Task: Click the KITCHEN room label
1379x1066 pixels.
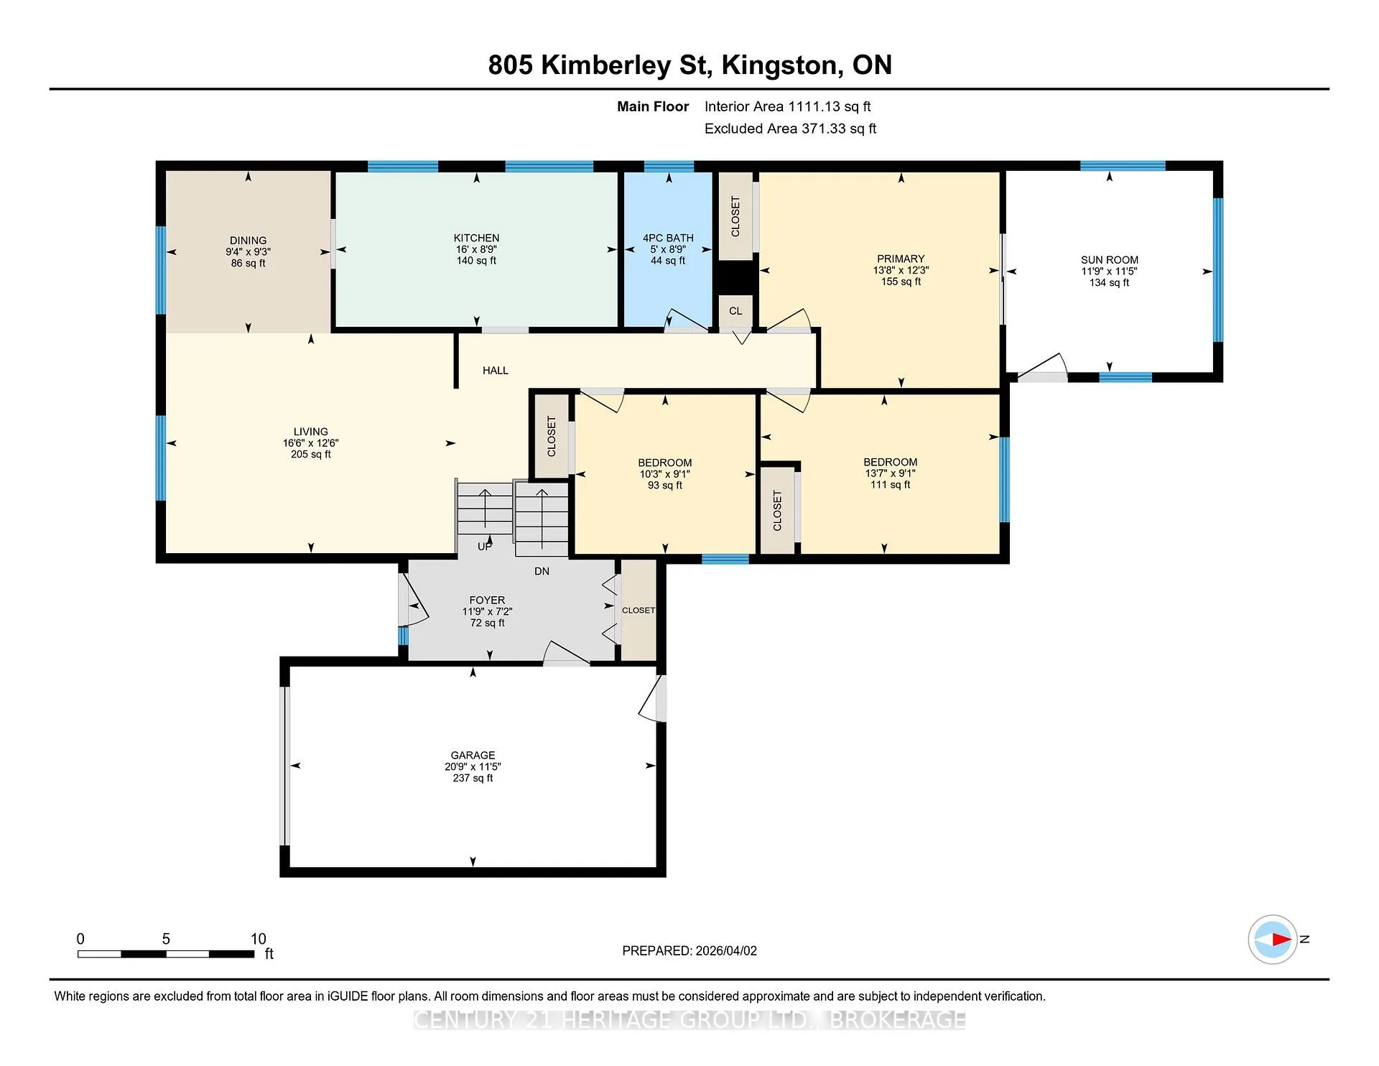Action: pos(476,238)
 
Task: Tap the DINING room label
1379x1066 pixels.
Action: pos(248,241)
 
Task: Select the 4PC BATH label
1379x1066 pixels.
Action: pos(668,238)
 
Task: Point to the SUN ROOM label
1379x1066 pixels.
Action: pos(1109,260)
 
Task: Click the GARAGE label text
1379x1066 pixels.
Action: pos(473,755)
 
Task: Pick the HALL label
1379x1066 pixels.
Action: pos(496,371)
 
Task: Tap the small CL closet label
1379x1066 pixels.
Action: pos(735,311)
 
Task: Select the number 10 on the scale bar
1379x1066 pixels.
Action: pos(258,939)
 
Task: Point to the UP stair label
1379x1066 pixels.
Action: pos(485,547)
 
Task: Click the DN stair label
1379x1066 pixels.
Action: pos(542,571)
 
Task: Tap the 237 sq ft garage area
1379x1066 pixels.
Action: pos(473,778)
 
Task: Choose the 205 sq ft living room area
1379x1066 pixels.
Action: pos(310,454)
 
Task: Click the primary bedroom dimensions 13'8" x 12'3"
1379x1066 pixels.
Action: pos(901,270)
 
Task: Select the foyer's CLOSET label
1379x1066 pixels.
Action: pos(639,611)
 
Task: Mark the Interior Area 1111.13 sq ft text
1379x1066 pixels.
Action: pos(787,106)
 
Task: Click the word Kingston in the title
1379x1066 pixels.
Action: pos(782,65)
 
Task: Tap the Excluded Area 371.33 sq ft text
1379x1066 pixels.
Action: pos(790,129)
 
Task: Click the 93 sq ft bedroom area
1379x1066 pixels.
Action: pos(665,486)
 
